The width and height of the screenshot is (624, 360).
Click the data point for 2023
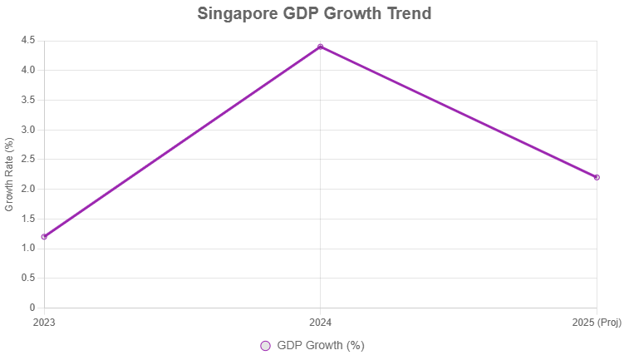[x=44, y=237]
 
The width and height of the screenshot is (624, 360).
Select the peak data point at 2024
[x=321, y=47]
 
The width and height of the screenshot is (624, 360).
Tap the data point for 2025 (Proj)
[x=597, y=177]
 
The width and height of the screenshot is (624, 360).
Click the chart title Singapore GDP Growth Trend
[x=314, y=14]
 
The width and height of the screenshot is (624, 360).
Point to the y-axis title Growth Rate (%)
[x=10, y=174]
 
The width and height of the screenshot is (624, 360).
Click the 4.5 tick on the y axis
[x=27, y=40]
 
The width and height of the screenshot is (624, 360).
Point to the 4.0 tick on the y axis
[x=27, y=70]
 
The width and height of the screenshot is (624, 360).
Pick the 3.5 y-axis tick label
[x=27, y=100]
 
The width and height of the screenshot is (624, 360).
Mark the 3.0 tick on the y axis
[x=27, y=130]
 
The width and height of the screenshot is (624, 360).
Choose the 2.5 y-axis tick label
[x=27, y=159]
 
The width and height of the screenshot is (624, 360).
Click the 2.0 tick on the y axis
[x=27, y=189]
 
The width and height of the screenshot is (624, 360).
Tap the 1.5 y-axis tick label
[x=27, y=219]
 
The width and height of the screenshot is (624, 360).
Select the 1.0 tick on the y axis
[x=27, y=249]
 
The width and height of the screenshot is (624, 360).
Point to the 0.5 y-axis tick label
[x=27, y=278]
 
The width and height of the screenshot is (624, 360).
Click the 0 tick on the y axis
[x=32, y=308]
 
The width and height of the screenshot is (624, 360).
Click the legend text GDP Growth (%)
[x=321, y=346]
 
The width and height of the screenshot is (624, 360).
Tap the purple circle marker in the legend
[x=265, y=346]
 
